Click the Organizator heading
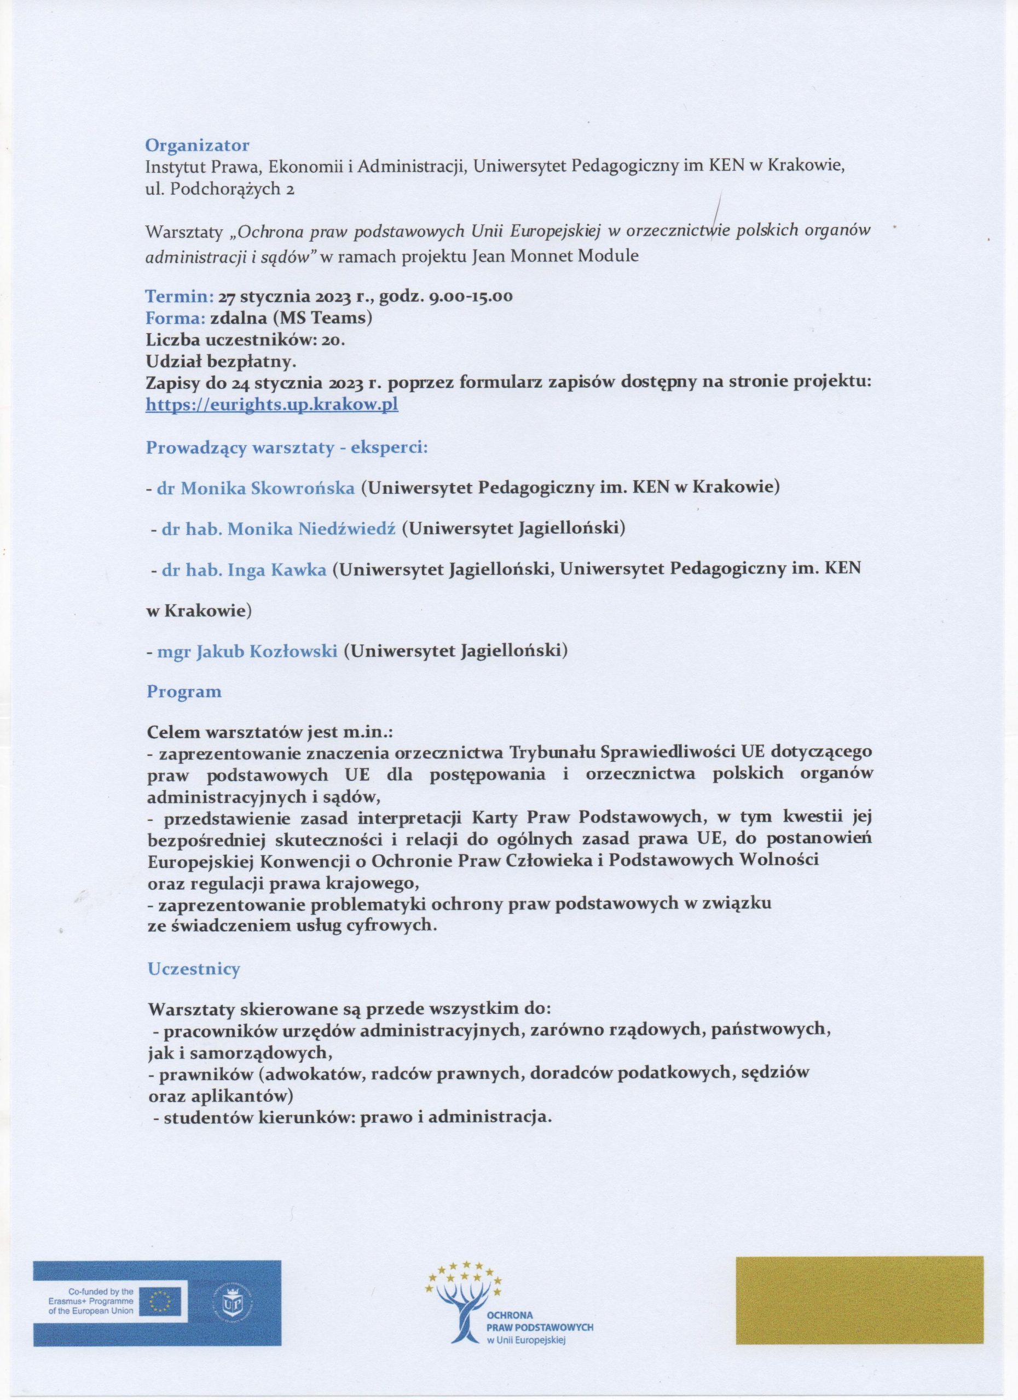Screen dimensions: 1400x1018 [197, 145]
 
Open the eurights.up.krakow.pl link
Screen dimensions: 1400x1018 [271, 404]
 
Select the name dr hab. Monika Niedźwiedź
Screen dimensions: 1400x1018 [279, 528]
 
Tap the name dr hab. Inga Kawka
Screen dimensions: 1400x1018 [244, 570]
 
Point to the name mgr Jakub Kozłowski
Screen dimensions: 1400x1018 [247, 651]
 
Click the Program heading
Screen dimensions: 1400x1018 [183, 692]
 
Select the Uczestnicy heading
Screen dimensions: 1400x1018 [193, 969]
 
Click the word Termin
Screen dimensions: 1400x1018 [178, 296]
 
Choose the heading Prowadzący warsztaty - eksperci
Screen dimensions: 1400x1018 [287, 447]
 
